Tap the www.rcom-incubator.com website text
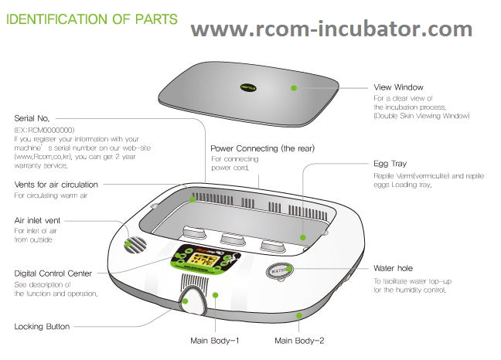click(332, 29)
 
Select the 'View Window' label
click(399, 88)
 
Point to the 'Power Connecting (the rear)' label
click(262, 148)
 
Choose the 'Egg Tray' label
click(390, 165)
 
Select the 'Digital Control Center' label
click(53, 273)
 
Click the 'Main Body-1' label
click(215, 340)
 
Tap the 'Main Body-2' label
click(301, 340)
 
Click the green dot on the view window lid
click(294, 88)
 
